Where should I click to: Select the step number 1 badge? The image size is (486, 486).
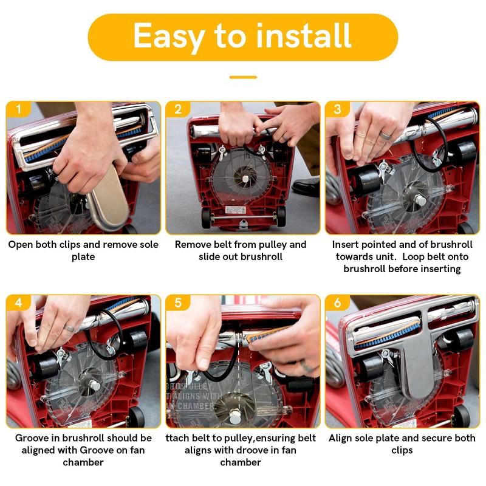click(x=19, y=109)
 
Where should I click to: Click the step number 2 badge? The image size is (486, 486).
click(x=178, y=109)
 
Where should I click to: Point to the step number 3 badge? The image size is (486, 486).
click(x=338, y=109)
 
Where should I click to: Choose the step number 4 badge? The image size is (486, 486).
click(x=19, y=303)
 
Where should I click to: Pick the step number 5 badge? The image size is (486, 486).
click(x=178, y=303)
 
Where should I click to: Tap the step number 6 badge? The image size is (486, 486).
click(x=338, y=303)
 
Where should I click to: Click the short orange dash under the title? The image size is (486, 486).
click(x=243, y=77)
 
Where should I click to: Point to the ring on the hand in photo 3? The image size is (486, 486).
click(x=385, y=135)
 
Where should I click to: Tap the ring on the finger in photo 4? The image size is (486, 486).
click(x=69, y=328)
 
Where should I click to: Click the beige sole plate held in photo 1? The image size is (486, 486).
click(x=109, y=199)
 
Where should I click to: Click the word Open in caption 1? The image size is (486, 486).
click(x=21, y=245)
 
